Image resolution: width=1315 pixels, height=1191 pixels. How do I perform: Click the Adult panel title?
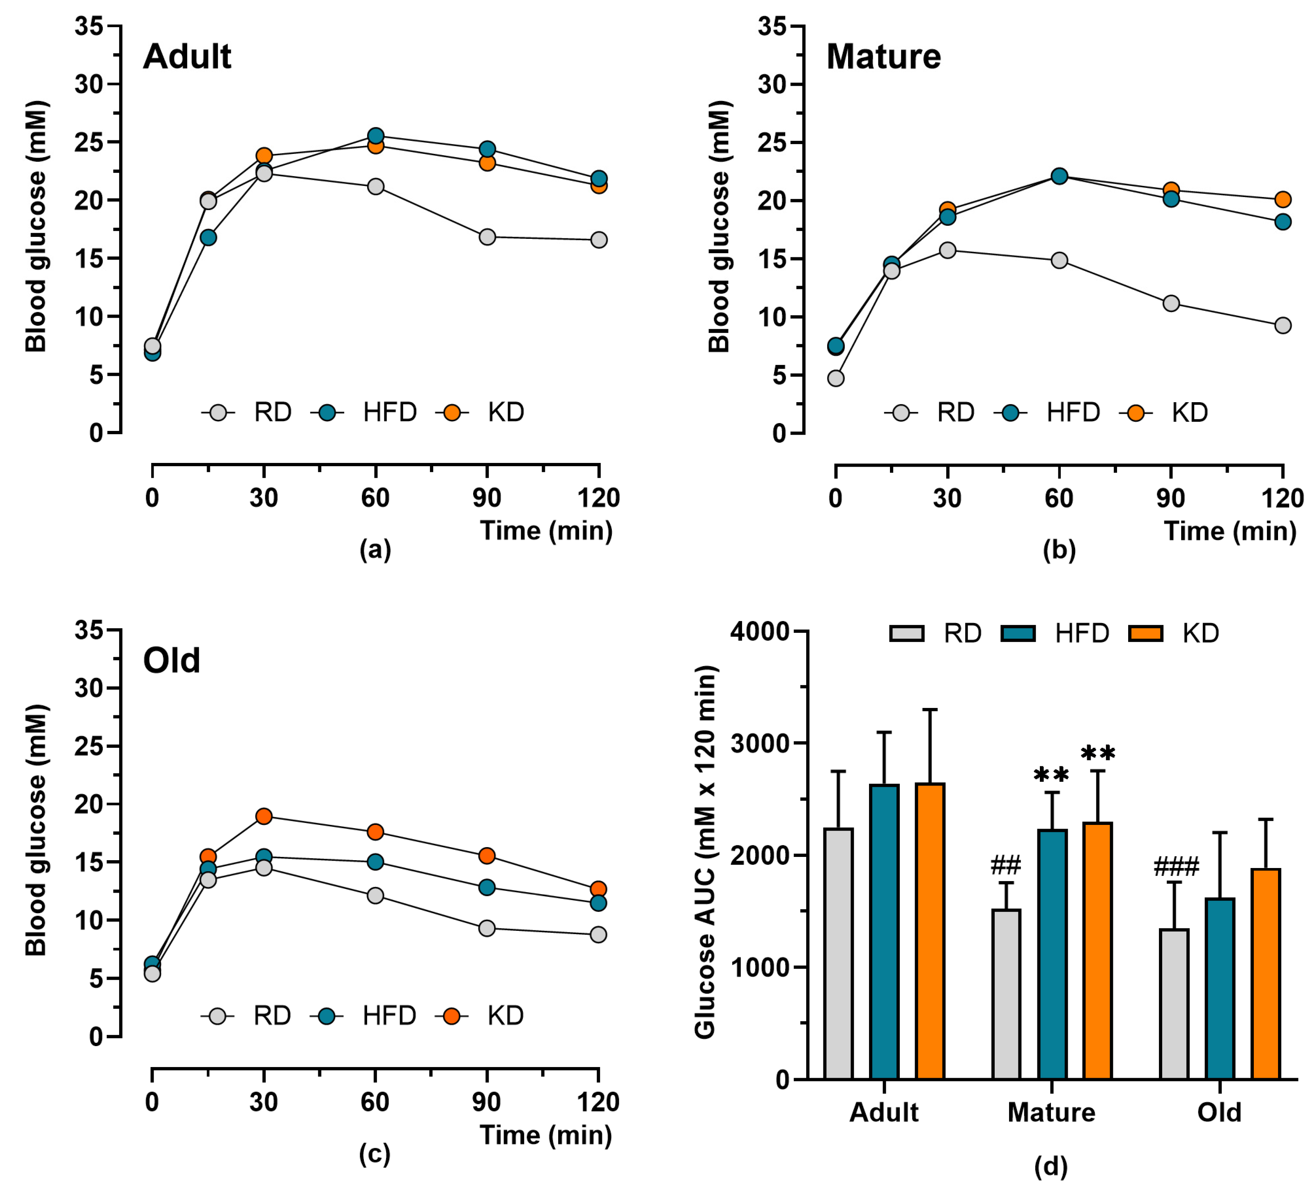coord(187,57)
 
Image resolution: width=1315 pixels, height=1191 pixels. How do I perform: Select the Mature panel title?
coord(883,57)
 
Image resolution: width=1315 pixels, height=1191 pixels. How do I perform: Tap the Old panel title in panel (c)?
coord(172,660)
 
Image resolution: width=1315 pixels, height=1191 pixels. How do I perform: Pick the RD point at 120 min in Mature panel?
coord(1283,325)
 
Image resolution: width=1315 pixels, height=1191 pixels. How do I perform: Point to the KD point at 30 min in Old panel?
coord(264,816)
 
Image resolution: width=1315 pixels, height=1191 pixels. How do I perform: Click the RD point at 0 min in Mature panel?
coord(836,378)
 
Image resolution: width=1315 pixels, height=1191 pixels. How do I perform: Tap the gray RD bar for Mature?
coord(1006,994)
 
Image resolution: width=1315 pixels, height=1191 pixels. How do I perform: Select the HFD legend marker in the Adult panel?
coord(327,412)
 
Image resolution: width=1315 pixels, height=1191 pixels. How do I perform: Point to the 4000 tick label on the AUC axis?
coord(760,632)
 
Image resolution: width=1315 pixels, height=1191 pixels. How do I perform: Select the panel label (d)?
coord(1051,1166)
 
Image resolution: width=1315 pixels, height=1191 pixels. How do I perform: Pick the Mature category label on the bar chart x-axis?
coord(1051,1112)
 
